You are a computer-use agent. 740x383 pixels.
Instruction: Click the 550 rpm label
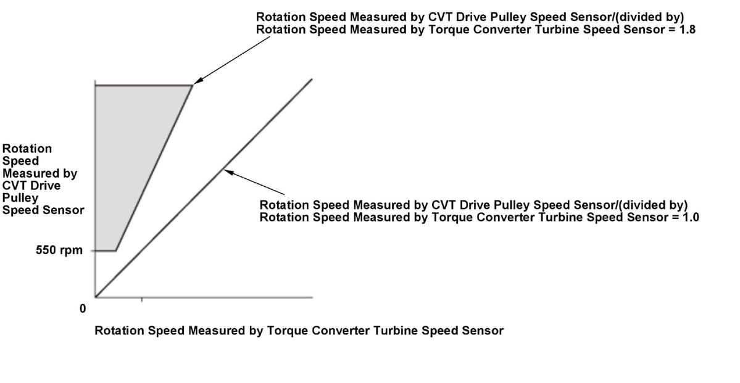click(59, 250)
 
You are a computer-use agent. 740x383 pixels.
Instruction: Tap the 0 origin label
click(83, 309)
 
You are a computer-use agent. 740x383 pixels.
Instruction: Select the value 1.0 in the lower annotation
click(691, 218)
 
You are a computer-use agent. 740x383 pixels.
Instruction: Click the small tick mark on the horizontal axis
click(142, 300)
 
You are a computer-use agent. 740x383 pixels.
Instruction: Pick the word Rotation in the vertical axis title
click(27, 149)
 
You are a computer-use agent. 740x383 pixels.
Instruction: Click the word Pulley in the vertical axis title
click(20, 197)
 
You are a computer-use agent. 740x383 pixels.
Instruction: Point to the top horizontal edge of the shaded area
click(144, 85)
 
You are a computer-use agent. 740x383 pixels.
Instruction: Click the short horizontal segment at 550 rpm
click(106, 250)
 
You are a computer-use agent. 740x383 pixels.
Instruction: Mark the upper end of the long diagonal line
click(312, 79)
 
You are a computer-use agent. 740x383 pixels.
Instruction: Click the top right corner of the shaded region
click(193, 85)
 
